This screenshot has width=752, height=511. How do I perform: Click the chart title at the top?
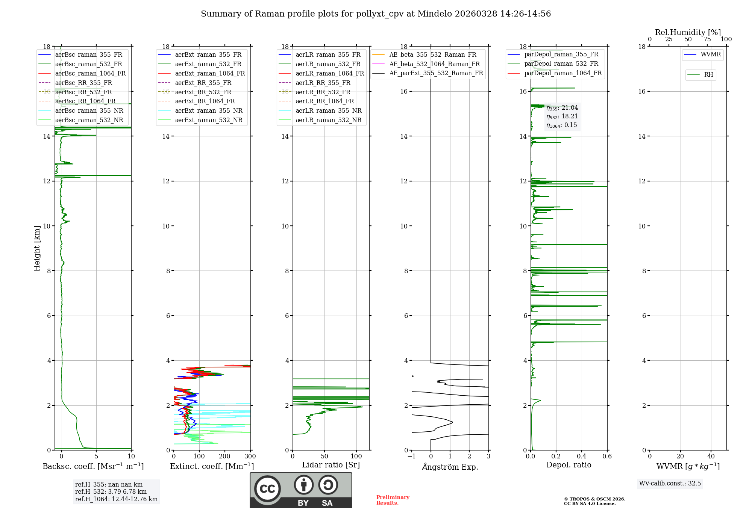click(x=376, y=14)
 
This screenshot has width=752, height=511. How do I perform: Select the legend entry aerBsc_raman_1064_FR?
click(x=90, y=73)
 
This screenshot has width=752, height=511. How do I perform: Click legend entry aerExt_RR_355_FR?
click(x=203, y=83)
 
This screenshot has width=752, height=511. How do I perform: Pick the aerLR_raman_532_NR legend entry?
click(x=328, y=120)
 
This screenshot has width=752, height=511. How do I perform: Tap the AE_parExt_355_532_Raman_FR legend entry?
click(x=436, y=73)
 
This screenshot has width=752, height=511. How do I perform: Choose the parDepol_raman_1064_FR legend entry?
click(x=563, y=73)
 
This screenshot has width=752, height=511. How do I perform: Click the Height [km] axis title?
click(x=37, y=248)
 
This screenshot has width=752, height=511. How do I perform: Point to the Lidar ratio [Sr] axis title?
click(x=331, y=465)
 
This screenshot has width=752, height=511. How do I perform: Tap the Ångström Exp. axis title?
click(x=450, y=467)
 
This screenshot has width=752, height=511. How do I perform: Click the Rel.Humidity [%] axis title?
click(x=688, y=32)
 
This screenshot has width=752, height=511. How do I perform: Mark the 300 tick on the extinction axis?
click(x=250, y=456)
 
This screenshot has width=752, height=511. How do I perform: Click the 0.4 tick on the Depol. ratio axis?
click(x=582, y=456)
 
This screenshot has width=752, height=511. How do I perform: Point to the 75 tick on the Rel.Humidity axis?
click(x=707, y=39)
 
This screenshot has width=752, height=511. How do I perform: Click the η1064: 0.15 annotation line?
click(x=562, y=125)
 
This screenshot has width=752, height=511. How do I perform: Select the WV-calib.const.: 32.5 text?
click(x=670, y=483)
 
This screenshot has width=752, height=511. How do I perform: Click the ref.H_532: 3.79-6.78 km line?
click(x=111, y=491)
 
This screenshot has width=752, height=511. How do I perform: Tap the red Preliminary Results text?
click(x=393, y=500)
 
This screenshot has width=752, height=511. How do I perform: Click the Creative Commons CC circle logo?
click(x=267, y=489)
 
